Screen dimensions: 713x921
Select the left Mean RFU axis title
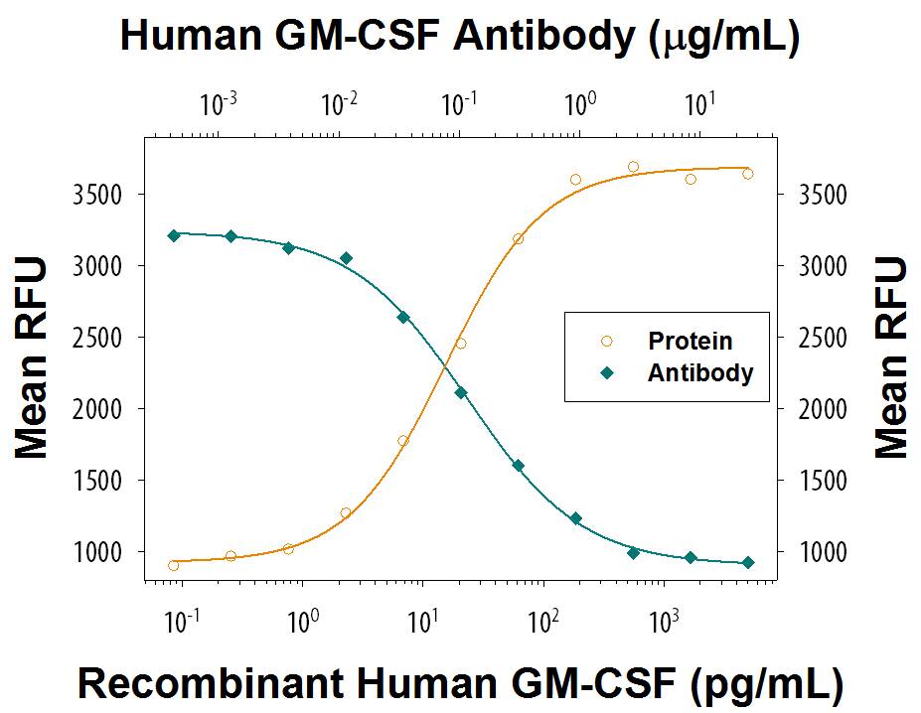[32, 357]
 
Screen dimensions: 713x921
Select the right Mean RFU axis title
[891, 357]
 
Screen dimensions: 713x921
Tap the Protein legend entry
[690, 341]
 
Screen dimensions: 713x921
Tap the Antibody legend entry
[699, 373]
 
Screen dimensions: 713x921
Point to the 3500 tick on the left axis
[100, 195]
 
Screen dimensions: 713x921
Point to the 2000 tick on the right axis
[825, 409]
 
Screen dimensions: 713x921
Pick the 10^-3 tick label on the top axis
[219, 102]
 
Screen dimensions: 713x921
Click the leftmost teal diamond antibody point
[174, 235]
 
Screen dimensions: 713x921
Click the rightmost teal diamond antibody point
[748, 563]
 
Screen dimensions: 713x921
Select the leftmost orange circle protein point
[174, 565]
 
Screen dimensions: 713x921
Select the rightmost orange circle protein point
[748, 174]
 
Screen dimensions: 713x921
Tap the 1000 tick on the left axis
[100, 552]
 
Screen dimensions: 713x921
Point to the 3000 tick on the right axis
[825, 266]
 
